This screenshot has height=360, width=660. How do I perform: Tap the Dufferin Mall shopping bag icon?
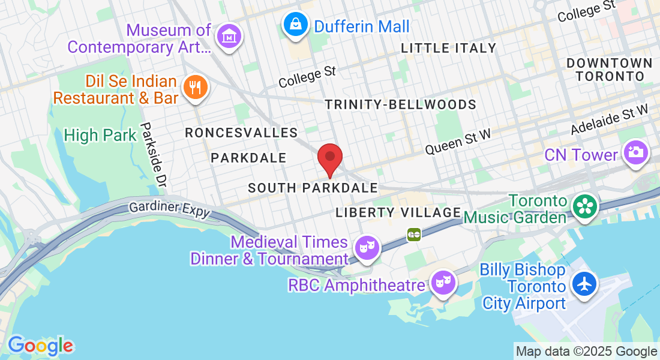point(296,25)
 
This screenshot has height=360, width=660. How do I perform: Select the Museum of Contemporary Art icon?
point(229,37)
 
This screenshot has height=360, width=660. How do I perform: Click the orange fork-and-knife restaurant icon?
point(194,88)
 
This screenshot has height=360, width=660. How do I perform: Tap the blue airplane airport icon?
point(584,283)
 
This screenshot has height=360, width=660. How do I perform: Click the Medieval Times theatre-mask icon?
point(365,247)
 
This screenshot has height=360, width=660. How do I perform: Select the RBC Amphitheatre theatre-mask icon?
point(443,281)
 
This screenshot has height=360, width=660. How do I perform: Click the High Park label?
point(100,136)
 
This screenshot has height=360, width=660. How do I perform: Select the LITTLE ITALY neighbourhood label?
point(448,48)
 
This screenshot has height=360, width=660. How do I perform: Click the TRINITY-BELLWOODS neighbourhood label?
point(400,104)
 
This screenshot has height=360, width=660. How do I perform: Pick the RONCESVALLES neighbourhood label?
point(241,133)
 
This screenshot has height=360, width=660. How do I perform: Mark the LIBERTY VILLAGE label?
point(398,212)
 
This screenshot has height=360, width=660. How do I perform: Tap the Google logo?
point(40,346)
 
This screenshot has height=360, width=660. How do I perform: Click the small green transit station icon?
point(413,234)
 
